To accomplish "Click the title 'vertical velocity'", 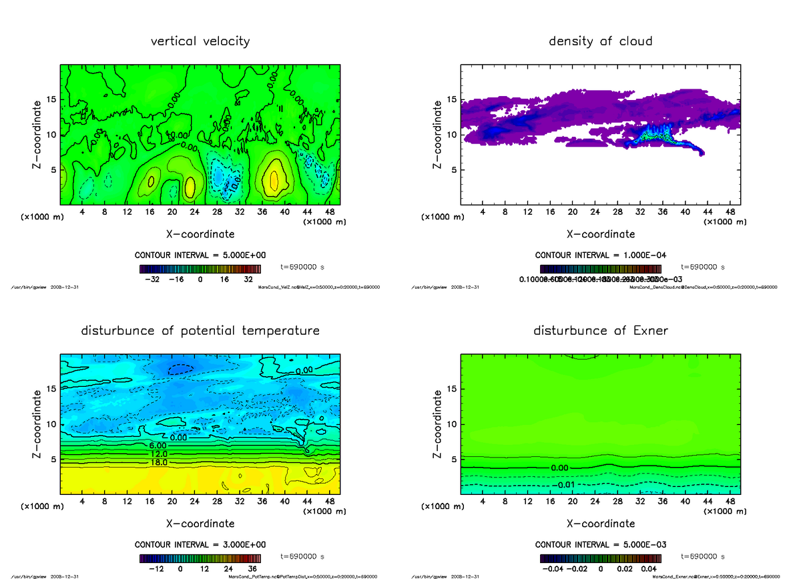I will [x=200, y=41].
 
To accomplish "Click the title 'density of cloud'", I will [x=600, y=41].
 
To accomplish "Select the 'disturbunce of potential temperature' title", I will [x=200, y=331].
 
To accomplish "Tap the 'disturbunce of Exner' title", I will [x=600, y=331].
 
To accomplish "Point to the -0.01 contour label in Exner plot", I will [x=564, y=484].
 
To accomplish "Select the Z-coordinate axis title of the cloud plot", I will [x=438, y=135].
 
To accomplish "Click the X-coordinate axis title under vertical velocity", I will [x=200, y=234].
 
